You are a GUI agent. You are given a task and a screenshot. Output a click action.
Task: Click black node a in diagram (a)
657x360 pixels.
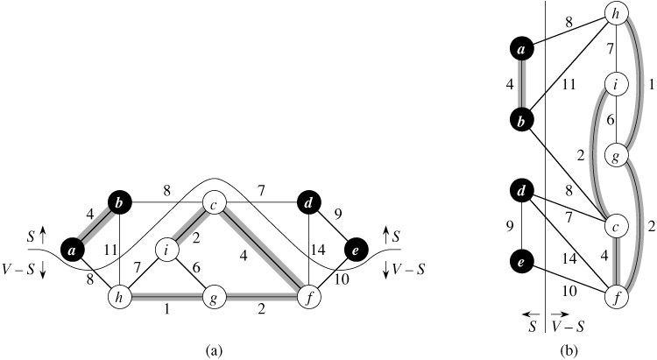(73, 251)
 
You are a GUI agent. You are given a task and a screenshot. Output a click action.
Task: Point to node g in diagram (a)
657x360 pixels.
(213, 298)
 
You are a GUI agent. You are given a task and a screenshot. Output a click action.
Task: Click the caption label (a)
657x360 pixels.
(212, 349)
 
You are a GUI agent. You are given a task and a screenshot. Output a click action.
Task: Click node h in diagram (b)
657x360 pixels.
(617, 15)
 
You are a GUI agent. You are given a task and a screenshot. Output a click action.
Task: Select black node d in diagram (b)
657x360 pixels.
(522, 190)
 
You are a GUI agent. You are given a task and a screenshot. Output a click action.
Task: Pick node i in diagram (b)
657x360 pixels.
(616, 86)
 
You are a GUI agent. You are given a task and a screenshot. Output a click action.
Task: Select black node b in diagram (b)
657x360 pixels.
(522, 120)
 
